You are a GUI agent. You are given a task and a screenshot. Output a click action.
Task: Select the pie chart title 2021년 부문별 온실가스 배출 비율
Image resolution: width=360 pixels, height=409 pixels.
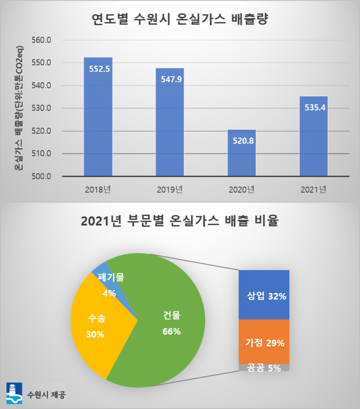(x=180, y=221)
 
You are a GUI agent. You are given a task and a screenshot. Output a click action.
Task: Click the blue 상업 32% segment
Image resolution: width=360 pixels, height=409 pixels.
(x=264, y=295)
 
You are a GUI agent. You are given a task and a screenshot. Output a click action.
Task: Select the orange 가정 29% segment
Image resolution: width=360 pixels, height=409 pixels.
(x=264, y=342)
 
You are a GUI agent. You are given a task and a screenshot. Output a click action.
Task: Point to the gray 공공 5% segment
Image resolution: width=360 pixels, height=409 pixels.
(x=264, y=367)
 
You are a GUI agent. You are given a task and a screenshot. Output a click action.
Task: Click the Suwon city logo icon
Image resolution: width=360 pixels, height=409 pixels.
(x=14, y=393)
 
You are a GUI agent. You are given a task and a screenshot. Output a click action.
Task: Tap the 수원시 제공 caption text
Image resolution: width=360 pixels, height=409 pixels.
(x=47, y=395)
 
